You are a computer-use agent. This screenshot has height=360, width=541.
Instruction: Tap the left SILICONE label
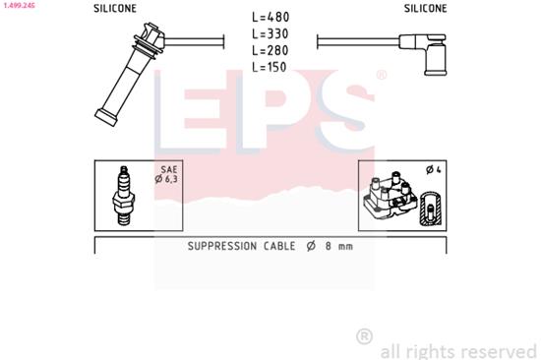tap(115, 8)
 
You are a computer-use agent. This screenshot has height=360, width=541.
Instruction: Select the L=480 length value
tap(270, 18)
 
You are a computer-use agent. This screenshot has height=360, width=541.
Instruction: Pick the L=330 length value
tap(270, 33)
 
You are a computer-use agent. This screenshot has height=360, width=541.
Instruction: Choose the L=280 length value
tap(270, 49)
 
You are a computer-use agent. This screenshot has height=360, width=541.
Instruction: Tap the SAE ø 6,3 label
tap(167, 175)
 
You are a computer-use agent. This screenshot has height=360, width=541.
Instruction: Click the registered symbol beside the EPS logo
tap(381, 75)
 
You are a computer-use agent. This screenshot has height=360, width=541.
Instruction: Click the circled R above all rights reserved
tap(364, 336)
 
